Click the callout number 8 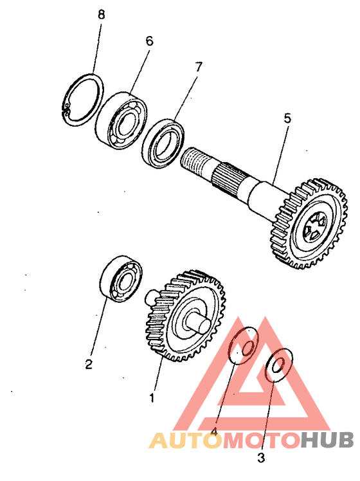[x=101, y=15]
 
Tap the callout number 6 [x=149, y=41]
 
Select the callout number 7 [x=199, y=67]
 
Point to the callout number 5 [x=287, y=118]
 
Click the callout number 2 [x=89, y=365]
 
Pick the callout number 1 [x=152, y=398]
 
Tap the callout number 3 [x=261, y=458]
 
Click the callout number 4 [x=214, y=431]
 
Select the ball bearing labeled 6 [x=121, y=121]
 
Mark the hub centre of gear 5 [x=314, y=228]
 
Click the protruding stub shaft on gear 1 [x=198, y=324]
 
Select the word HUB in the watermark [x=327, y=440]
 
